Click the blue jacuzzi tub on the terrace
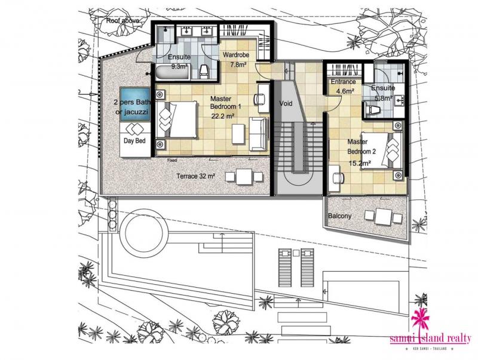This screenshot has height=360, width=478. [135, 104]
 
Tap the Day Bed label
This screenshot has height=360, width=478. [134, 141]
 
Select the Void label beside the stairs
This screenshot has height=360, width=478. [286, 103]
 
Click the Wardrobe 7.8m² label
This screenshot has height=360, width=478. [237, 60]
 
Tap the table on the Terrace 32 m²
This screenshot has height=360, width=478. [244, 177]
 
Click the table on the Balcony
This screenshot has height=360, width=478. [383, 217]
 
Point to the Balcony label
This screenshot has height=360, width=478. [339, 216]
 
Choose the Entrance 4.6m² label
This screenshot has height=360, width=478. [344, 86]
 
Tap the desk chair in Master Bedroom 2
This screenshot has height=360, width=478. [337, 178]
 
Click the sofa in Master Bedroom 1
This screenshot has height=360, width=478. [259, 134]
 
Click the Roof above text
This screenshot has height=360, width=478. [122, 21]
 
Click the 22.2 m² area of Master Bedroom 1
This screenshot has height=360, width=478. [222, 116]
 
